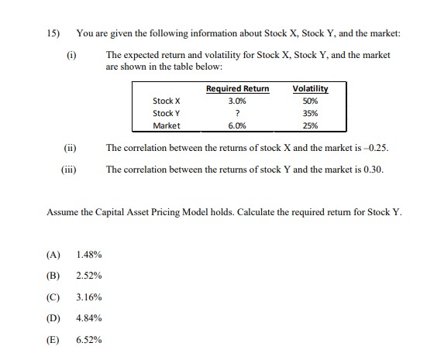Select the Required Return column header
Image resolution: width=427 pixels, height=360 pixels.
pos(237,88)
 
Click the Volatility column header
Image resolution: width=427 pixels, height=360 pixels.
pos(309,88)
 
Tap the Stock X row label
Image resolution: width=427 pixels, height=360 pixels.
pos(167,101)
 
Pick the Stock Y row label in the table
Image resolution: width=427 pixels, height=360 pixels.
pos(167,112)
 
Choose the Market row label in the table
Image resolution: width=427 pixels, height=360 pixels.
pos(167,125)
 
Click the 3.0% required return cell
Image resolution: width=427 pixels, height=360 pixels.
pos(237,101)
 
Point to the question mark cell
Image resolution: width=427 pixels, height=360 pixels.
pos(237,112)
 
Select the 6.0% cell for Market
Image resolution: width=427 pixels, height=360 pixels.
pos(237,125)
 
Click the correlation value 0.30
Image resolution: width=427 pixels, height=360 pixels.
pos(374,169)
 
